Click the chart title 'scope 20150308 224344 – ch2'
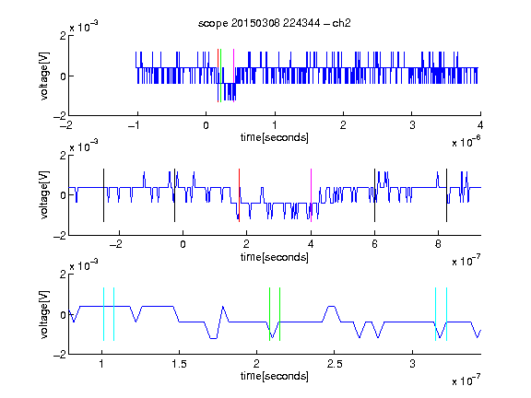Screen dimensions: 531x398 click(275, 23)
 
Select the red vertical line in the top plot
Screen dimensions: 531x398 click(218, 76)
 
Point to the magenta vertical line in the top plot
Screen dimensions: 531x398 click(233, 76)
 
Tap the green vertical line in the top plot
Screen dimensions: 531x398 click(221, 76)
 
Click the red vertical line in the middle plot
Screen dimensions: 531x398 click(239, 195)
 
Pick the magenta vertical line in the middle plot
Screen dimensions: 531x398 click(311, 195)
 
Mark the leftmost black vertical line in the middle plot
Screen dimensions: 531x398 click(103, 195)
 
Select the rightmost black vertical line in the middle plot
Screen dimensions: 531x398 click(446, 195)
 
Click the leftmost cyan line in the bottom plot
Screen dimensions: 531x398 click(103, 314)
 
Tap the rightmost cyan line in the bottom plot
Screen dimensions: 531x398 click(446, 314)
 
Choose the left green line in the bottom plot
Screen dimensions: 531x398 click(269, 314)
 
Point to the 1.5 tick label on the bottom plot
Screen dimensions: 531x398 click(179, 364)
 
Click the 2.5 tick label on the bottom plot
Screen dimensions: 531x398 click(335, 364)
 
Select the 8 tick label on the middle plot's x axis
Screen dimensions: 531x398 click(438, 244)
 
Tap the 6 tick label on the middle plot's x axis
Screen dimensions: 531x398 click(374, 244)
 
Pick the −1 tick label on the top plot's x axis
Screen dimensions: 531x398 click(134, 125)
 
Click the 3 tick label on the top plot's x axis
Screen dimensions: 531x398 click(412, 125)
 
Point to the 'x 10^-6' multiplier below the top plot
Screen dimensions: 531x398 click(466, 142)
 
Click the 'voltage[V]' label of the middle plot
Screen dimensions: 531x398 click(44, 195)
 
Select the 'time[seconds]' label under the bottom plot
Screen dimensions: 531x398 click(275, 376)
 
